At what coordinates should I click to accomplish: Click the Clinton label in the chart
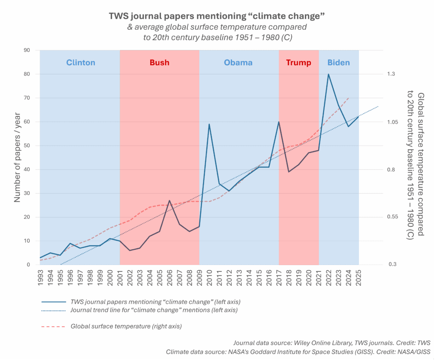pyautogui.click(x=80, y=63)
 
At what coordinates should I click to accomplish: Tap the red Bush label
pyautogui.click(x=159, y=63)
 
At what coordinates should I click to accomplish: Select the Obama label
pyautogui.click(x=238, y=63)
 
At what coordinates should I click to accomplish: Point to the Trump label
pyautogui.click(x=298, y=63)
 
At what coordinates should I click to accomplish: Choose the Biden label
pyautogui.click(x=338, y=63)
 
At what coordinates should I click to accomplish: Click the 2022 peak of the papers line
pyautogui.click(x=328, y=74)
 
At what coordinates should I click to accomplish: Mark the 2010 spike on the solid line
pyautogui.click(x=209, y=124)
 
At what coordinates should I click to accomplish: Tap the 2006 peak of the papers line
pyautogui.click(x=169, y=200)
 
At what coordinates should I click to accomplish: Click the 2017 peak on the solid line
pyautogui.click(x=279, y=122)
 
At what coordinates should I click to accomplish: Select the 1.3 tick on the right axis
pyautogui.click(x=391, y=74)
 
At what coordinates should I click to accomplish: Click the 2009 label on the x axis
pyautogui.click(x=199, y=279)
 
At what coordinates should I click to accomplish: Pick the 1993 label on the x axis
pyautogui.click(x=40, y=279)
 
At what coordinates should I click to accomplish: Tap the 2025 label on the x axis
pyautogui.click(x=359, y=279)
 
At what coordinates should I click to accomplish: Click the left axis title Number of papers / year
pyautogui.click(x=18, y=158)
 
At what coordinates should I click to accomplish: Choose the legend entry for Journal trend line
pyautogui.click(x=154, y=310)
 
